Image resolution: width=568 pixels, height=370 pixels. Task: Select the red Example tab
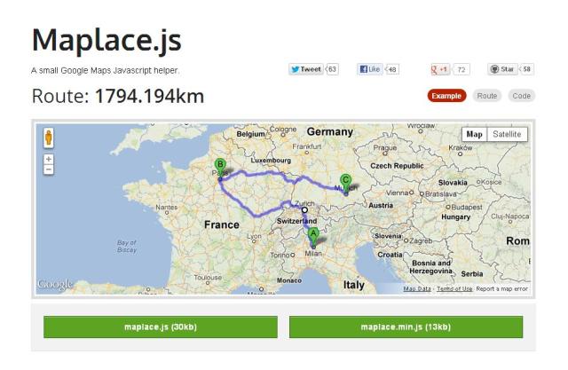(x=447, y=95)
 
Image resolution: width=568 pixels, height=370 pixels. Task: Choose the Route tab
(x=486, y=95)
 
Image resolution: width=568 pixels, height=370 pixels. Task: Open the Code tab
(x=522, y=95)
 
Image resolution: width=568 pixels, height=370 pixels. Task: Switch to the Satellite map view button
(x=507, y=134)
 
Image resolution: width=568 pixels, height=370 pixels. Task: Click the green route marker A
(x=312, y=234)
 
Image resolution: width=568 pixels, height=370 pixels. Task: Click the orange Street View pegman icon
(x=49, y=138)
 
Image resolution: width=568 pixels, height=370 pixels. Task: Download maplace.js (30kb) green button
(x=160, y=327)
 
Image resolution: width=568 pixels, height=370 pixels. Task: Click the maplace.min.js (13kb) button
(x=405, y=327)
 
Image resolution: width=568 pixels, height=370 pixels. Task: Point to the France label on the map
(x=221, y=224)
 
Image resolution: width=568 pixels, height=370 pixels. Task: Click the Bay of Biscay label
(x=128, y=245)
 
